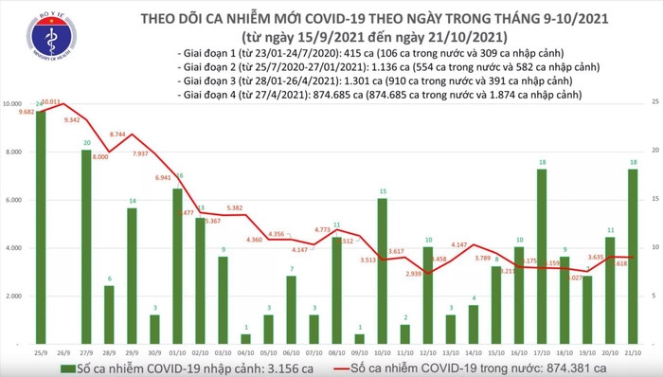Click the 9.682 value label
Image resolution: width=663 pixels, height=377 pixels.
[x=23, y=112]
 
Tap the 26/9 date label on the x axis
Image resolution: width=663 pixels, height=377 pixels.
[x=63, y=350]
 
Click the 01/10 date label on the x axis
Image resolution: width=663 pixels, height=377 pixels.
[x=177, y=350]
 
